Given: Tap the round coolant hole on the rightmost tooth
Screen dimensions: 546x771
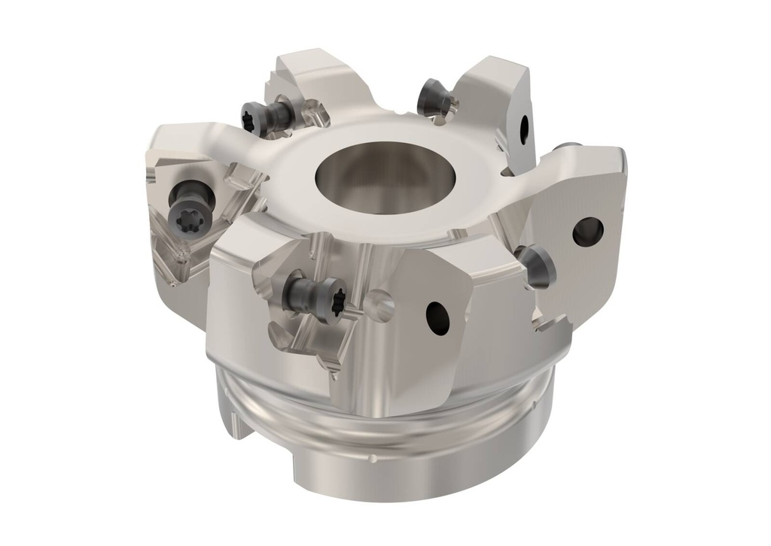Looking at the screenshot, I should click(587, 231).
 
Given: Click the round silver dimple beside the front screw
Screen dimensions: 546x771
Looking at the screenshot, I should click(382, 305).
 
